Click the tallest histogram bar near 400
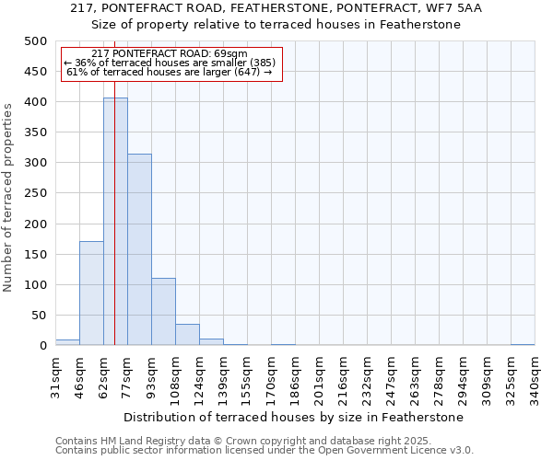coord(115,221)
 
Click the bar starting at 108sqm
coord(187,335)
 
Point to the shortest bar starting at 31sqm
coord(67,342)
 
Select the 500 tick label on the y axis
coord(35,41)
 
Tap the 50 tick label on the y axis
coord(39,316)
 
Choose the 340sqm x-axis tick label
coord(535,377)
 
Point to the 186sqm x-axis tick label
coord(295,377)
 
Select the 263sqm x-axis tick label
coord(415,377)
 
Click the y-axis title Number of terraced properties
coord(9,197)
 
